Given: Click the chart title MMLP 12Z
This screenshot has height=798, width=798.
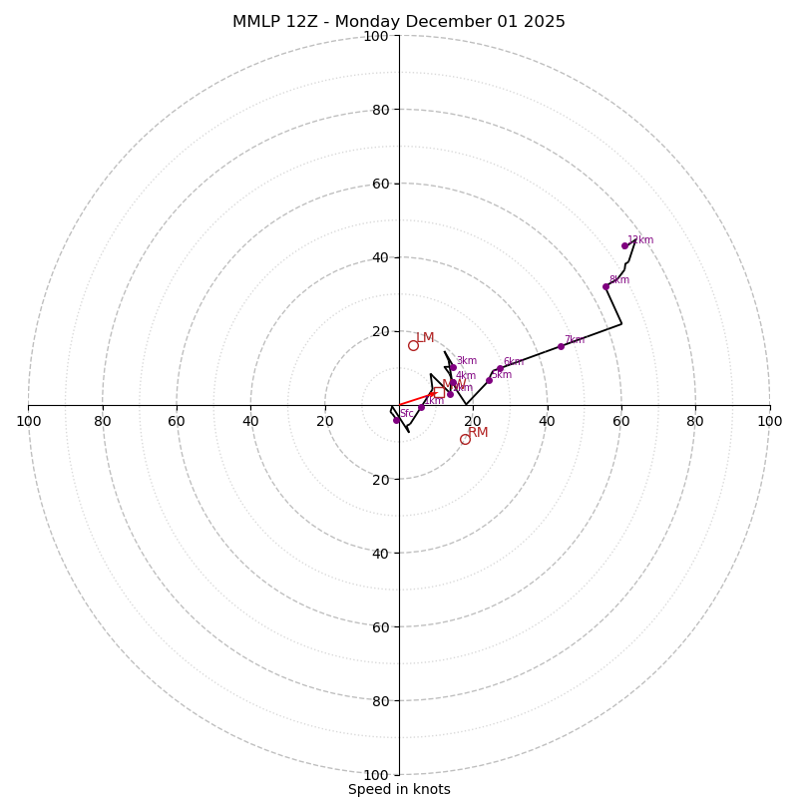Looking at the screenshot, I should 398,22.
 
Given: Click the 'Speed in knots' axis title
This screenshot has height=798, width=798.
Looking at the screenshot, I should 399,789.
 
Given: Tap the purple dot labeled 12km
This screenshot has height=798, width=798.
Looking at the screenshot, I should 625,245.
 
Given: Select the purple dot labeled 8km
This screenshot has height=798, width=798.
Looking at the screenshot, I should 605,286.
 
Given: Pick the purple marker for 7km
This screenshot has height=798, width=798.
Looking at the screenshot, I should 561,346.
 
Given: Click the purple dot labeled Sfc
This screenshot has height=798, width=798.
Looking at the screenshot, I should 396,420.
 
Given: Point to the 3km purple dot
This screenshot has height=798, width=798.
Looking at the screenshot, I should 453,367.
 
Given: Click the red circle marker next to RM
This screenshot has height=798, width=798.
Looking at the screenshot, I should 465,439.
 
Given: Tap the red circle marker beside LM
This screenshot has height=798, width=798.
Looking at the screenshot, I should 413,345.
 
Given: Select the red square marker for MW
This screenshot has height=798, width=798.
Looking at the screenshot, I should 439,392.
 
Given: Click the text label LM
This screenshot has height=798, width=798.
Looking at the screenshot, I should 425,338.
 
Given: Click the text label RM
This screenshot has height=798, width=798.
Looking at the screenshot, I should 478,432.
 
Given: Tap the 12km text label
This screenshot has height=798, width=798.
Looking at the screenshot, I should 640,240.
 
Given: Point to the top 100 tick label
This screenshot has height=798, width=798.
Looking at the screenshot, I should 376,36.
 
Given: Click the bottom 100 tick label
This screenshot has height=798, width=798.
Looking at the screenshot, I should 376,774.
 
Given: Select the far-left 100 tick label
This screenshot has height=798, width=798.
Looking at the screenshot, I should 28,421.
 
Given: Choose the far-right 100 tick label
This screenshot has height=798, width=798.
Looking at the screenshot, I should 769,421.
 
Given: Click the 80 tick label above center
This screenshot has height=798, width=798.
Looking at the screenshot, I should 379,110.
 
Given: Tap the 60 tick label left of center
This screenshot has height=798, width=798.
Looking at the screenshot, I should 177,421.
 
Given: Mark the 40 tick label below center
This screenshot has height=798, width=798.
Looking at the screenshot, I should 379,553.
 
